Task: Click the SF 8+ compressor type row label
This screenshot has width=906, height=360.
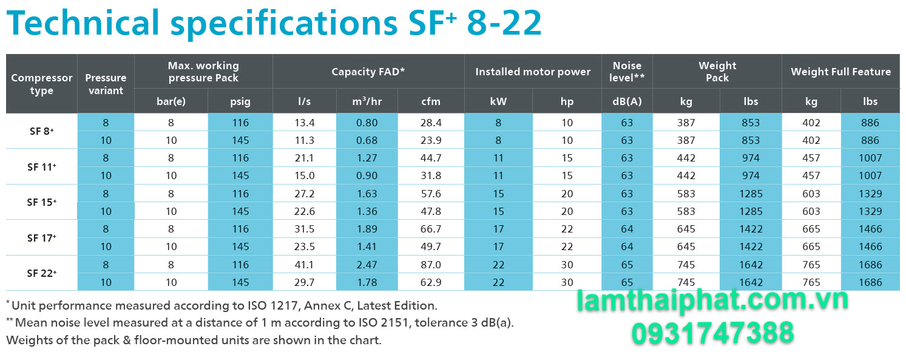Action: (41, 131)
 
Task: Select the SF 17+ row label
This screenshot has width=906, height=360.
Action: (41, 238)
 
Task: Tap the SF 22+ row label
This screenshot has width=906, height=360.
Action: (41, 273)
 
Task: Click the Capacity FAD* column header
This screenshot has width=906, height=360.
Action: (368, 72)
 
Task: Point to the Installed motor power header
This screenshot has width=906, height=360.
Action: (532, 72)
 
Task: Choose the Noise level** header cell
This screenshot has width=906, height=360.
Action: (627, 72)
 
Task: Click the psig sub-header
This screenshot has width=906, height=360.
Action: (240, 101)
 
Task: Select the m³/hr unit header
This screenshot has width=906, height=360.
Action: (367, 101)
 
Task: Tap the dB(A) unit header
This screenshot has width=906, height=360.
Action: (627, 101)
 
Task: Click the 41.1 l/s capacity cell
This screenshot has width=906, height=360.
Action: (305, 265)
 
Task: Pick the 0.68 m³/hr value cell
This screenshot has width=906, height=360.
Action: (367, 140)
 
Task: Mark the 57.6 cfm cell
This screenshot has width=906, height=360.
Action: (430, 194)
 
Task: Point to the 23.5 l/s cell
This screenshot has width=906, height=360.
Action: (305, 246)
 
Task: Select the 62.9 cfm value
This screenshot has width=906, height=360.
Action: (430, 282)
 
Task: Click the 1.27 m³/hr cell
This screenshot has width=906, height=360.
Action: (367, 158)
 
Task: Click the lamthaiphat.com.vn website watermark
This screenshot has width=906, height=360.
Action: (712, 301)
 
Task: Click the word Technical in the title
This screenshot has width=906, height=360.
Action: (83, 23)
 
